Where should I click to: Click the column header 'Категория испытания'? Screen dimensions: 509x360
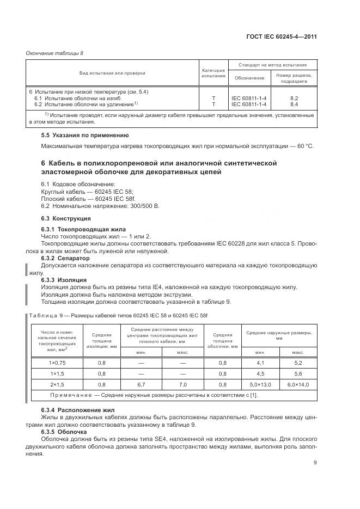click(213, 72)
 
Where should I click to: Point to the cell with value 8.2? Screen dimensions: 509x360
click(294, 97)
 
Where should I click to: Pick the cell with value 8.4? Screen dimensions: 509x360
click(294, 103)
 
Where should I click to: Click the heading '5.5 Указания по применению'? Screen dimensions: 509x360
click(84, 135)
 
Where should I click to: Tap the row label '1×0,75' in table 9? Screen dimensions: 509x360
click(57, 362)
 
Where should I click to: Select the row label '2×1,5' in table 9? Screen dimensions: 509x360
click(57, 384)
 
